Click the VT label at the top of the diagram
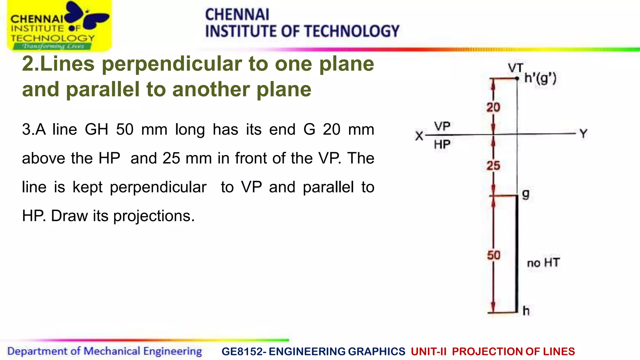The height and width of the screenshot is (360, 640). tap(515, 68)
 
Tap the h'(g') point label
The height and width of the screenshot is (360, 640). tap(540, 78)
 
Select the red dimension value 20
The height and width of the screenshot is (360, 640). tap(493, 107)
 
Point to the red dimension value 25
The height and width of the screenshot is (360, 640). tap(493, 166)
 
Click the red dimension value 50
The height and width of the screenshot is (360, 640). tap(493, 255)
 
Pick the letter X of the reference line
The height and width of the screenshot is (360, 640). tap(419, 136)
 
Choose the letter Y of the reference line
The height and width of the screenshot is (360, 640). tap(583, 134)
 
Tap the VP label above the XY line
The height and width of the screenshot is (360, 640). tap(442, 127)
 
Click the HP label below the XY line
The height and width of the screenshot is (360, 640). tap(442, 144)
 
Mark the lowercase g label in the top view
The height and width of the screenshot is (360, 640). tap(526, 194)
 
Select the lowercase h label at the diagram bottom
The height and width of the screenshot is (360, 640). tap(526, 311)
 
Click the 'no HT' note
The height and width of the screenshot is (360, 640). tap(543, 263)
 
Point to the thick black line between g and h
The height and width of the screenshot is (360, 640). tap(517, 253)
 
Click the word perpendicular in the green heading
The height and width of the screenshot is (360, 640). tap(172, 64)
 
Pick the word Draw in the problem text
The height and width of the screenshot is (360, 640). tap(69, 216)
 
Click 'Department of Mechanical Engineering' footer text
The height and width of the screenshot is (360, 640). tap(104, 351)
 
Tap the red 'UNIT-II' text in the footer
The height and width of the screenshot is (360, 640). tap(428, 352)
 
